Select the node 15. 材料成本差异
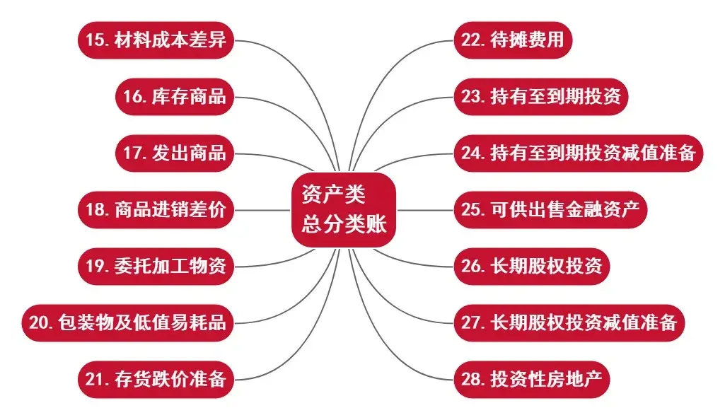(156, 40)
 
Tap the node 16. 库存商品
(175, 96)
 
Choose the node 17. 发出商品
(175, 153)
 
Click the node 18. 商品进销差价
(156, 210)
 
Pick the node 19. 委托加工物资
(156, 267)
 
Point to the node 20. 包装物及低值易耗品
(128, 323)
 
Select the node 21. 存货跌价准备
(156, 380)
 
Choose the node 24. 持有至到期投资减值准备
(579, 153)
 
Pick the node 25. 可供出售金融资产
(550, 210)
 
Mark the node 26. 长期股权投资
(531, 267)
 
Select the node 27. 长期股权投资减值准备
(569, 323)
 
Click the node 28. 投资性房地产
(531, 380)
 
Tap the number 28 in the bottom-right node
(472, 380)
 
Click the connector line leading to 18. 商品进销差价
(262, 210)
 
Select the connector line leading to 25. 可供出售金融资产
(424, 210)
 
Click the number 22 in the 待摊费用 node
(472, 40)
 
